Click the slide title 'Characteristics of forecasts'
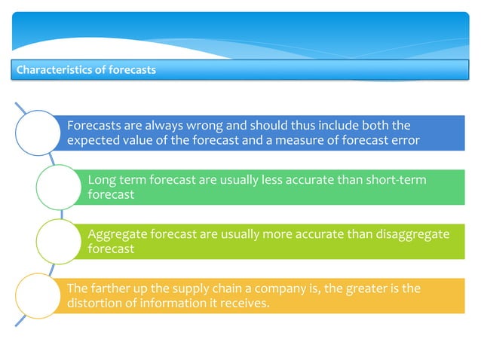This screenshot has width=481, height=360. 86,71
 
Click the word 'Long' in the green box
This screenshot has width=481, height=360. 102,179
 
